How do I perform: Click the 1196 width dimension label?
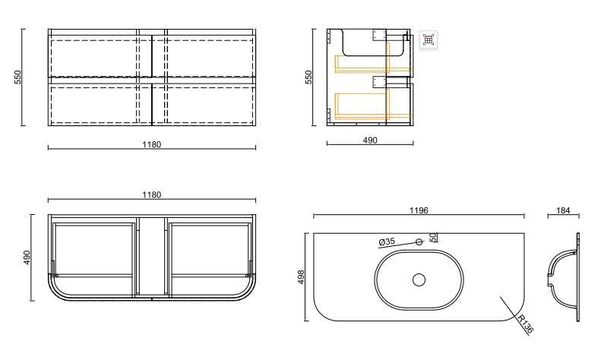[419, 210]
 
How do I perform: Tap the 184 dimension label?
[563, 210]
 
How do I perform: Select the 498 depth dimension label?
[301, 276]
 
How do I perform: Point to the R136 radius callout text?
[526, 324]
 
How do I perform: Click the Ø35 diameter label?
[387, 242]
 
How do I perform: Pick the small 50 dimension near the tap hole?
[433, 237]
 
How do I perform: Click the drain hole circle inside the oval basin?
[419, 280]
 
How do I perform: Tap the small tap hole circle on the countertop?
[419, 242]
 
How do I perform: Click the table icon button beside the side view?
[428, 39]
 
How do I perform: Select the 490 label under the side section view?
[370, 141]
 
